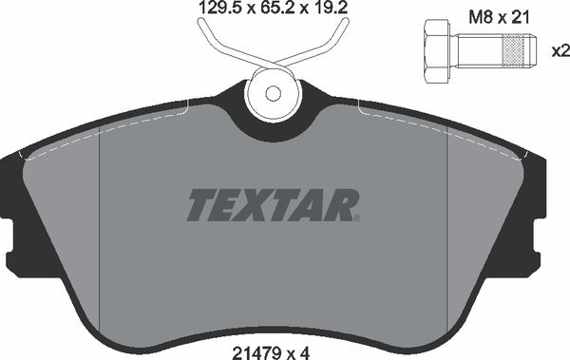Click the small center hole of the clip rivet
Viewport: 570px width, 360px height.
point(274,94)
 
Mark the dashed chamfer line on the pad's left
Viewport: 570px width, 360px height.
point(100,228)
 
